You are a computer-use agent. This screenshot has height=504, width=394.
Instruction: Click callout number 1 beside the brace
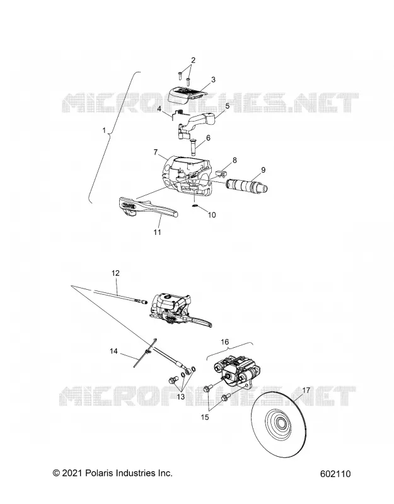tap(104, 130)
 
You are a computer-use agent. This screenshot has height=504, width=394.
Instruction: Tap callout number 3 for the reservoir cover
tap(213, 80)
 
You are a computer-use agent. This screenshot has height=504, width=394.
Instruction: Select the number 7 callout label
tap(156, 152)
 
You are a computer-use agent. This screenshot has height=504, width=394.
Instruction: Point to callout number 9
tap(264, 169)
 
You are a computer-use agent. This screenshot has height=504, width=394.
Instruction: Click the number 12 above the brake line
tap(115, 273)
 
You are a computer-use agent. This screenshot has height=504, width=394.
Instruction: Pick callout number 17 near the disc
tap(306, 390)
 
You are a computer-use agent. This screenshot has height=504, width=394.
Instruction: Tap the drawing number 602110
tap(335, 474)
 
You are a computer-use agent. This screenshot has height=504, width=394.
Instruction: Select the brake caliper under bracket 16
tap(236, 370)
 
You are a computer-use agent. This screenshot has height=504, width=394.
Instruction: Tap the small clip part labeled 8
tap(219, 174)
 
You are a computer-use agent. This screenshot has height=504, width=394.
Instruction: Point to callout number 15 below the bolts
tap(205, 417)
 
